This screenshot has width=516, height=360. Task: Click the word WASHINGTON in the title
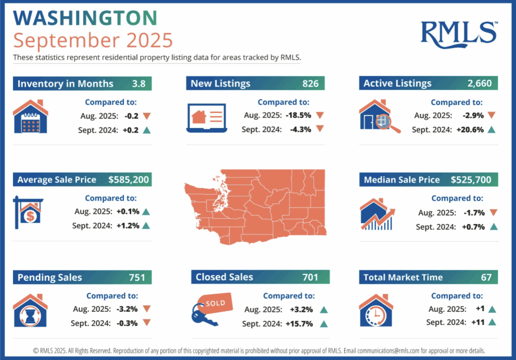(85, 18)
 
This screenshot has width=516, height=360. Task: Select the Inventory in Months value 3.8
(139, 84)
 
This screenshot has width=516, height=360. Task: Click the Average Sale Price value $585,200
(128, 180)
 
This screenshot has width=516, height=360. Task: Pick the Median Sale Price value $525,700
(474, 180)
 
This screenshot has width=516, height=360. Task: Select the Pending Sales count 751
(137, 277)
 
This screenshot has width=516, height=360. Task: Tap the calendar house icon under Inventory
(30, 117)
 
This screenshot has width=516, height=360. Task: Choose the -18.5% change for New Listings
(297, 115)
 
